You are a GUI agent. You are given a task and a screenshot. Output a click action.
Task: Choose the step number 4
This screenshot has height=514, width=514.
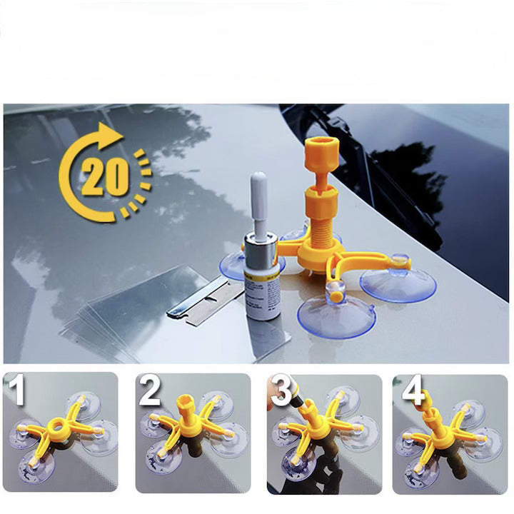click(412, 391)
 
